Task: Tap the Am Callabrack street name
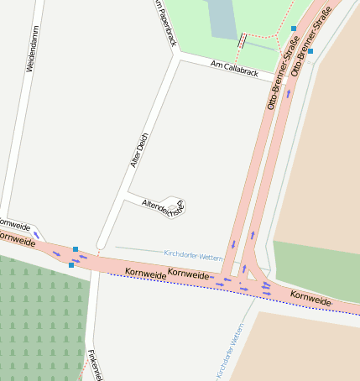click(234, 69)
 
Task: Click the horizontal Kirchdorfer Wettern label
click(193, 253)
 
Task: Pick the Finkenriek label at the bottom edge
click(95, 364)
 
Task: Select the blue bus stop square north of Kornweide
click(76, 249)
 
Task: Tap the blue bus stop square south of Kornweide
click(71, 265)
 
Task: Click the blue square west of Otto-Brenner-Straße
click(294, 29)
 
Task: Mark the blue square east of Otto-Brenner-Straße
click(310, 51)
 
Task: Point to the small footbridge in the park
click(243, 39)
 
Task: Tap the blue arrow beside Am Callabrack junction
click(289, 93)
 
